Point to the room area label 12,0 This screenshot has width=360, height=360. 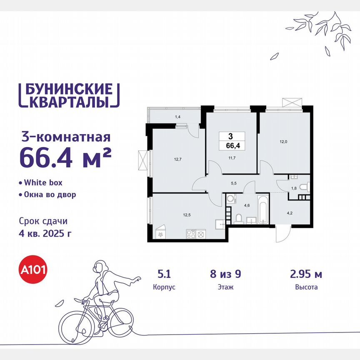[283, 142]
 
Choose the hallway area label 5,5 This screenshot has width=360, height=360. [234, 182]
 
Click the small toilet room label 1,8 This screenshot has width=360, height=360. [293, 188]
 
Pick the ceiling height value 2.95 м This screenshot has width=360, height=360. [305, 274]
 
